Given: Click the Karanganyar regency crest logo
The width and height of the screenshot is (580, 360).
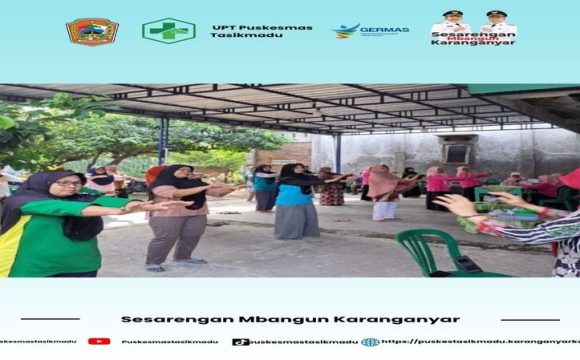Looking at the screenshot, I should (x=92, y=31).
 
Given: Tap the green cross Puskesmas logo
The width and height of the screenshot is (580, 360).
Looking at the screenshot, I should (x=167, y=31).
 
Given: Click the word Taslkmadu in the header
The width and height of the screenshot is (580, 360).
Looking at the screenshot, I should (x=238, y=36).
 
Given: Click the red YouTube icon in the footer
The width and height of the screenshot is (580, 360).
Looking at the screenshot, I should (x=98, y=341).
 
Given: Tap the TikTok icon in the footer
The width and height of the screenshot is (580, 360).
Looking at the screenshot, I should (x=240, y=341).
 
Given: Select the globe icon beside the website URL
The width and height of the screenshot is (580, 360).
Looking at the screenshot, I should (x=370, y=341).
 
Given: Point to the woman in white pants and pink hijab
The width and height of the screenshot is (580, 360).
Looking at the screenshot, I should (x=383, y=193).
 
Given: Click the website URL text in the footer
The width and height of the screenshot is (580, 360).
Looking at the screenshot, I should (x=480, y=341).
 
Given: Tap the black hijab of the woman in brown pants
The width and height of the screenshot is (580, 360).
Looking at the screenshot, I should (x=172, y=180).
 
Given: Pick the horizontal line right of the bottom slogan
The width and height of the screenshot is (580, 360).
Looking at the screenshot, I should (x=530, y=320).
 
